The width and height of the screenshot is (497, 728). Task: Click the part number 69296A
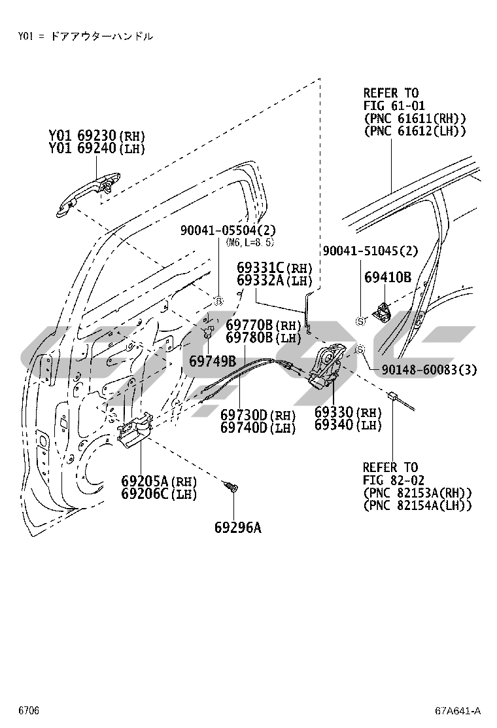pyautogui.click(x=237, y=527)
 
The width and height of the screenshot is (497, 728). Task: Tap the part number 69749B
pyautogui.click(x=213, y=361)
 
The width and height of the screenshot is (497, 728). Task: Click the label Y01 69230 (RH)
pyautogui.click(x=97, y=136)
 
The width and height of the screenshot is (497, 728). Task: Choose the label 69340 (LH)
pyautogui.click(x=348, y=426)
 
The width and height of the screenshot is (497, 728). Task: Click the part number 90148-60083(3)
pyautogui.click(x=430, y=370)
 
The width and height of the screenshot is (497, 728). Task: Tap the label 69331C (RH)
pyautogui.click(x=275, y=268)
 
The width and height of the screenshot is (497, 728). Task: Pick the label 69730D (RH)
pyautogui.click(x=258, y=415)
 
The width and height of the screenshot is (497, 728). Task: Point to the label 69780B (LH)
pyautogui.click(x=264, y=338)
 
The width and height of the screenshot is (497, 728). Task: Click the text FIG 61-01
pyautogui.click(x=394, y=105)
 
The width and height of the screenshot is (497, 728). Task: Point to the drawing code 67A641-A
pyautogui.click(x=458, y=710)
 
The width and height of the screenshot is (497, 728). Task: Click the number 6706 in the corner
pyautogui.click(x=29, y=710)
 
